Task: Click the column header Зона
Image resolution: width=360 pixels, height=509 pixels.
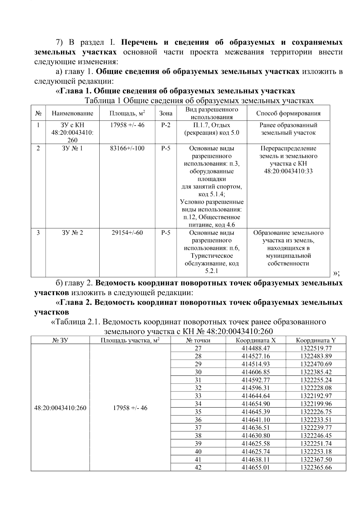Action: pos(166,113)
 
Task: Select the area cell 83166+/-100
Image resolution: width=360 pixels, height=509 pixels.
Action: pos(127,148)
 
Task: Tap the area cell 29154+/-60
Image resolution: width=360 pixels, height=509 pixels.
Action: pos(127,233)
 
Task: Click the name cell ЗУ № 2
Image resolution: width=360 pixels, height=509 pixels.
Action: pos(72,233)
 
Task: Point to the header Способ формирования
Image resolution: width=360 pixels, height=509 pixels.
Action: pos(288,113)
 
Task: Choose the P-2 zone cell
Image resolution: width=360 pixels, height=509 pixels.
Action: pos(166,125)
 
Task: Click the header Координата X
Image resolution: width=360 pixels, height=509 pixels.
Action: pos(256,340)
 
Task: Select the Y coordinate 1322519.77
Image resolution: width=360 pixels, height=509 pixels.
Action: pos(316,348)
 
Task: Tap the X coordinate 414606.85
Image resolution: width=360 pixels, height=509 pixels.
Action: pos(256,372)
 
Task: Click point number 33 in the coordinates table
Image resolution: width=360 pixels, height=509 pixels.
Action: pos(198,396)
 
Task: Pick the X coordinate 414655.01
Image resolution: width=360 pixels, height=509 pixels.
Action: pos(256,467)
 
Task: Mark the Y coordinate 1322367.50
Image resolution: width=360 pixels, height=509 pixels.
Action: pos(316,460)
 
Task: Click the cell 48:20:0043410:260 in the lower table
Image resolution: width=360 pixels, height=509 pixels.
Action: pos(60,408)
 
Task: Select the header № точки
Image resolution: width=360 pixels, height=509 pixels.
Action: pos(198,340)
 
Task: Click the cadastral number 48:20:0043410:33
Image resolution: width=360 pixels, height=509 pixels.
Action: pos(288,172)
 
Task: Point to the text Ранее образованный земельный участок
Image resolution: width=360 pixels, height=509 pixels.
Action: pos(288,129)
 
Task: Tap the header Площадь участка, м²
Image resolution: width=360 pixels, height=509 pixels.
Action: pos(130,340)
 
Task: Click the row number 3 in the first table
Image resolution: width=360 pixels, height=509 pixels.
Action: pos(38,233)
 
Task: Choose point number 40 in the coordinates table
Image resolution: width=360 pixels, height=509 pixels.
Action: pos(198,451)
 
